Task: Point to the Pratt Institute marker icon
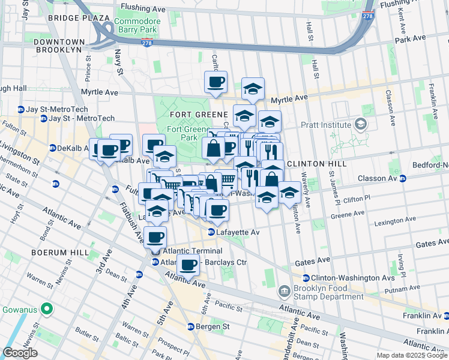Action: point(360,125)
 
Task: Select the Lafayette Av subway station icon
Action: point(211,232)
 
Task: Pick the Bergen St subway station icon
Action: point(191,326)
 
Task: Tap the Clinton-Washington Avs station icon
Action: point(306,278)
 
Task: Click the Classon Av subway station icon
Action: point(403,178)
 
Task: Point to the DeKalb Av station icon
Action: point(52,148)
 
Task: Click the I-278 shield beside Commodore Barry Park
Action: point(146,43)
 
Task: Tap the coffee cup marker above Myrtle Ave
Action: point(215,83)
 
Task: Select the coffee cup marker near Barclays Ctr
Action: point(188,265)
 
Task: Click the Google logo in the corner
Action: point(20,353)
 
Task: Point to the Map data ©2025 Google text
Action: point(412,355)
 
